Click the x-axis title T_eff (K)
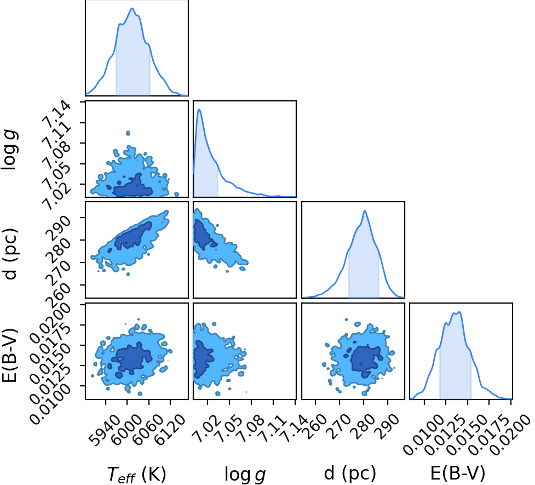[136, 474]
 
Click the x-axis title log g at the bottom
[245, 475]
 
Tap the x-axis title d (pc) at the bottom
[350, 474]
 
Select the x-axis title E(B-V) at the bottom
[458, 473]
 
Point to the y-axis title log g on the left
[9, 150]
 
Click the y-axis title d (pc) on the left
[10, 253]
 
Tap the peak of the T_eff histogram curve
[132, 9]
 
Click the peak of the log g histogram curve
[199, 110]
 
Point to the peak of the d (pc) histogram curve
[365, 211]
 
